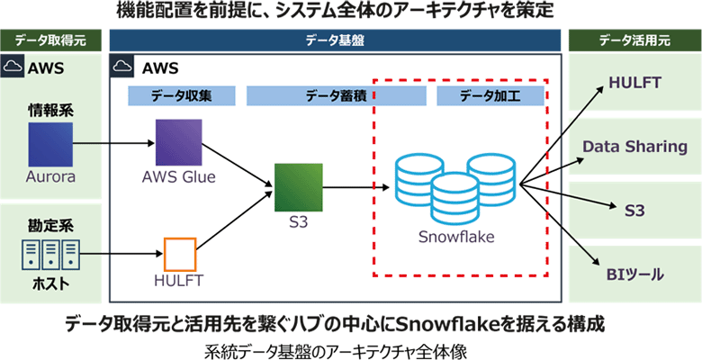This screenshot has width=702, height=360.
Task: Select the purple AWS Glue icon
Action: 178,141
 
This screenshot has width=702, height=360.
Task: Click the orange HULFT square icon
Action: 178,254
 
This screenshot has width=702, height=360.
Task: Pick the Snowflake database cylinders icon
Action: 456,187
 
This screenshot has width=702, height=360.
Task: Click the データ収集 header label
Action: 181,94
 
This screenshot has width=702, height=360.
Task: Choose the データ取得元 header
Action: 49,40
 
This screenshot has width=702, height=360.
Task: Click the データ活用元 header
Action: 634,40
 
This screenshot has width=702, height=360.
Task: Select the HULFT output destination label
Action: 634,83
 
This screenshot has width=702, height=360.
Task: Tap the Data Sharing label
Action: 634,147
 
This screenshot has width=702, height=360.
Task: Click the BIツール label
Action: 634,271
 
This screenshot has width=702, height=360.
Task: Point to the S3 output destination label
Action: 634,209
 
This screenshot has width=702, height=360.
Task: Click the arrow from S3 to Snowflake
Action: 355,188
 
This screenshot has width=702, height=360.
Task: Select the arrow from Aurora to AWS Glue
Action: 112,142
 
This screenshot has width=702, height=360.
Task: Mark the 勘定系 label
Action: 49,222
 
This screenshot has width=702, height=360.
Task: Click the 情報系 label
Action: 49,111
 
